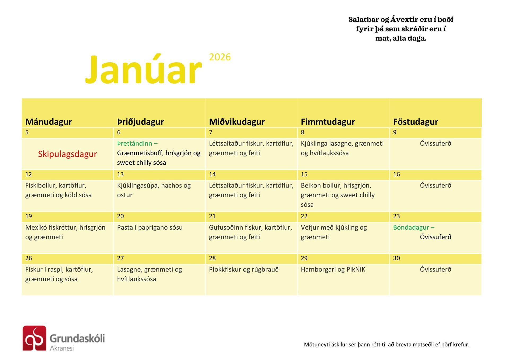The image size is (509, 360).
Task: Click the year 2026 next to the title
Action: pos(220,57)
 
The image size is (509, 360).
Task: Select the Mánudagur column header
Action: pos(49,122)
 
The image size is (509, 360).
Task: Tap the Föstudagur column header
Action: pos(415,122)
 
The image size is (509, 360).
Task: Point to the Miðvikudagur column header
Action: pos(237,122)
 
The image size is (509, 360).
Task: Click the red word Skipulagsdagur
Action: pos(67,154)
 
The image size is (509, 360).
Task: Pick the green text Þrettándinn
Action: pos(135,143)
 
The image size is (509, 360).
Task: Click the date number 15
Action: pos(304,174)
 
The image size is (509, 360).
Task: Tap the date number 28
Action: pos(212,258)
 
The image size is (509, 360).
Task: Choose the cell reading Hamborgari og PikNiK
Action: pos(333,270)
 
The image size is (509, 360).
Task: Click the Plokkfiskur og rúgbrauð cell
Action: pos(244,270)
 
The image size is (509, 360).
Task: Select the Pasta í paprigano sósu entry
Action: pos(150,227)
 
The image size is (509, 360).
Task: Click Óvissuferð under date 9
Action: pos(435,143)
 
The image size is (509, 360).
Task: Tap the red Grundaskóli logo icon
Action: pos(34,338)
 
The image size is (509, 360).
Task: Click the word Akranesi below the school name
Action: pos(62,348)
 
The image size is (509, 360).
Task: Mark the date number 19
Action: pos(29,216)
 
